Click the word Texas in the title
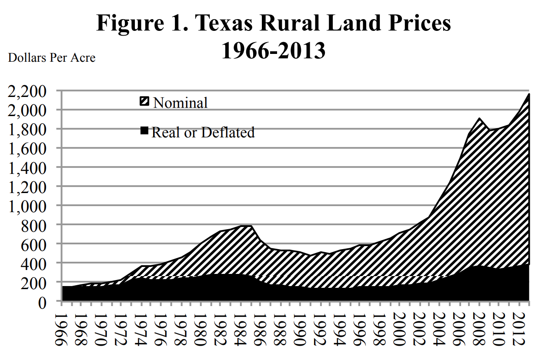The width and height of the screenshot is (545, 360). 223,23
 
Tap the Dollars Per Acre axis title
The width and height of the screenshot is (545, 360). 52,57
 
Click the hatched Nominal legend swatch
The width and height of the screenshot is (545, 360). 144,102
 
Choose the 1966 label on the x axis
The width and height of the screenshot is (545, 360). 64,328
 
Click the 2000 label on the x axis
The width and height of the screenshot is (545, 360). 396,328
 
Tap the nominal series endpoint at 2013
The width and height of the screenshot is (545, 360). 529,94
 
